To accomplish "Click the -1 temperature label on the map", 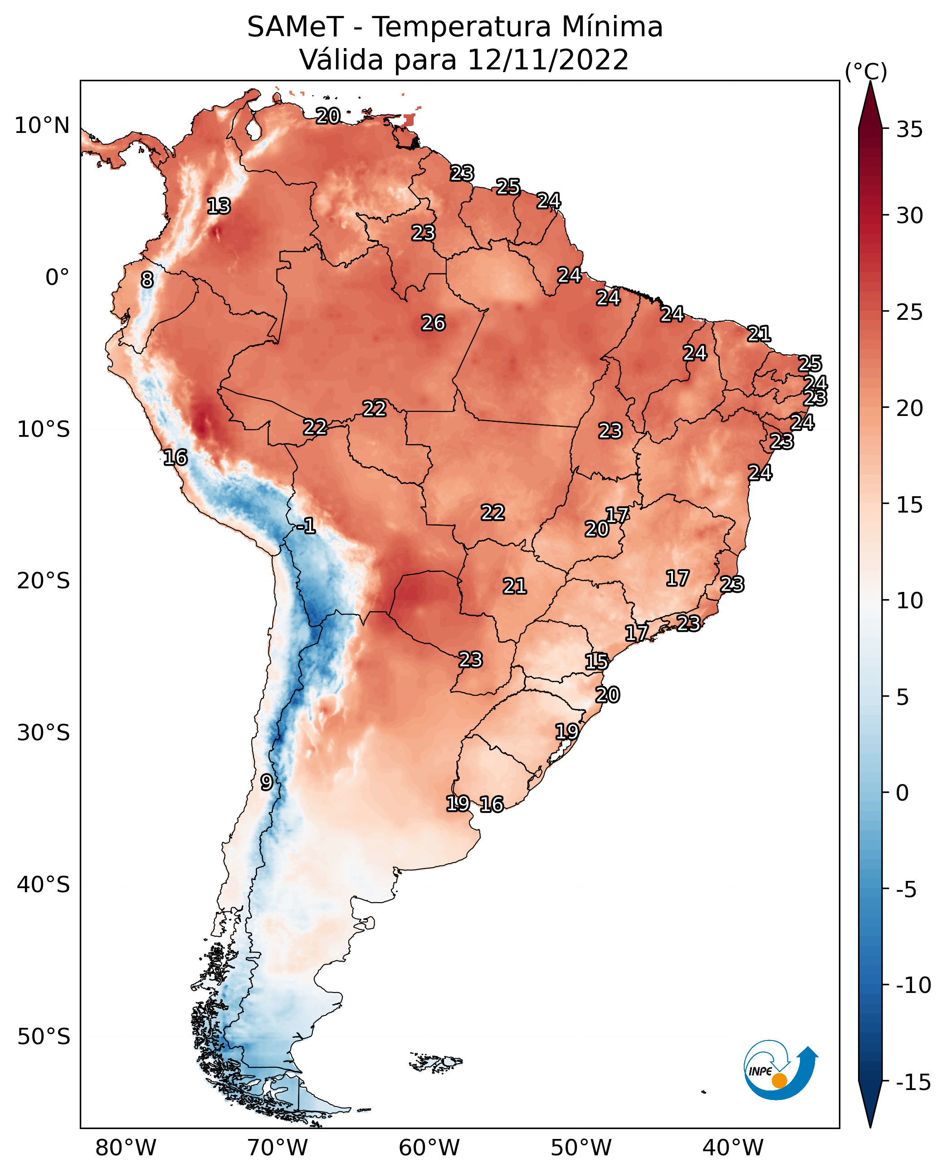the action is click(306, 526).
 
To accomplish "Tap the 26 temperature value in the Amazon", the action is click(434, 323).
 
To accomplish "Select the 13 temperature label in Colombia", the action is click(219, 206).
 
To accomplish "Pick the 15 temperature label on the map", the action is click(597, 662).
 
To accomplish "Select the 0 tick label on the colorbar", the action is click(903, 793).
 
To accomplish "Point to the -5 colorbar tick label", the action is click(907, 890).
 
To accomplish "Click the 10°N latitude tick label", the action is click(42, 126).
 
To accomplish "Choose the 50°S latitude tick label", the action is click(44, 1037).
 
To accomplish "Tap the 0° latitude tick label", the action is click(58, 278).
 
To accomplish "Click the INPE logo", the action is click(780, 1070).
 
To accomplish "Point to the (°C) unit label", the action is click(866, 72).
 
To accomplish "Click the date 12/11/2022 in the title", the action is click(548, 59).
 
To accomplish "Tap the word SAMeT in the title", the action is click(295, 27).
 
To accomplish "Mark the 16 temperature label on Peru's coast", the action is click(176, 457).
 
